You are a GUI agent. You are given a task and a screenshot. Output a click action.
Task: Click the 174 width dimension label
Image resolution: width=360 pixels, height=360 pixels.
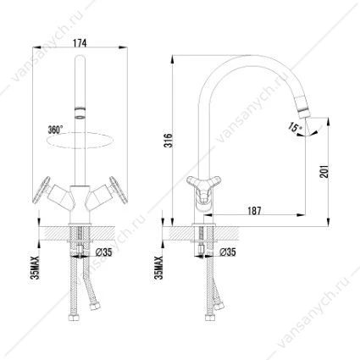point(80,43)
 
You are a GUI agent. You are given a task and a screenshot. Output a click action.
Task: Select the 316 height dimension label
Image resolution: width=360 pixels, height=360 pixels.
point(169,140)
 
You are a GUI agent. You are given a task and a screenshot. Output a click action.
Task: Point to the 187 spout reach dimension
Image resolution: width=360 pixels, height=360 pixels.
point(254,211)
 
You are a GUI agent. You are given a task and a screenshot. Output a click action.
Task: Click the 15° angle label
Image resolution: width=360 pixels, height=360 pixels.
point(295,127)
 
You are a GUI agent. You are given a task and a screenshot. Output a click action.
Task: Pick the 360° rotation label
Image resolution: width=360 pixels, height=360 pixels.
point(55,130)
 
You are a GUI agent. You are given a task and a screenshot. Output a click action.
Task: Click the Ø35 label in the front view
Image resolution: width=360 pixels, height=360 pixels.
point(104,252)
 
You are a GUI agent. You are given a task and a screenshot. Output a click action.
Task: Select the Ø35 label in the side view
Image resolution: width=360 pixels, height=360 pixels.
point(228,252)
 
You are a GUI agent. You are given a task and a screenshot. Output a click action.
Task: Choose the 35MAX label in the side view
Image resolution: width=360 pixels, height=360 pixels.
point(160,268)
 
